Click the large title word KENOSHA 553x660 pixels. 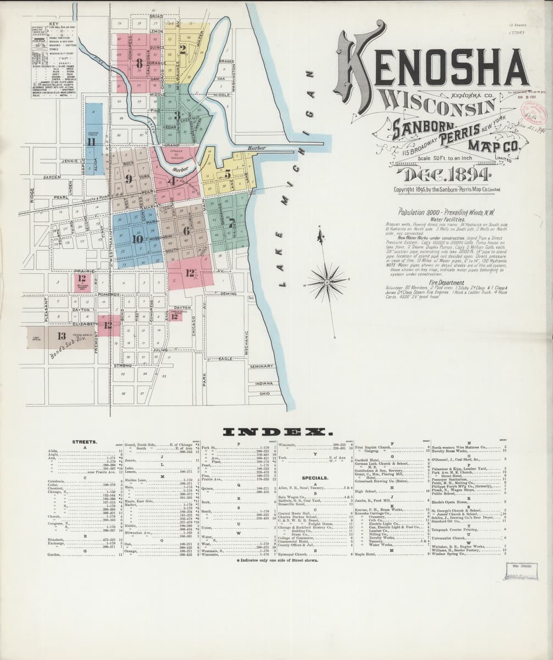[434, 66]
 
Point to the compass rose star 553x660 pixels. [327, 282]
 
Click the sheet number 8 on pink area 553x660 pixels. [140, 63]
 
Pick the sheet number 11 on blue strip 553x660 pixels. [91, 142]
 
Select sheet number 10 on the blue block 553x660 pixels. [137, 239]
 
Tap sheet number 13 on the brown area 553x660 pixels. [61, 336]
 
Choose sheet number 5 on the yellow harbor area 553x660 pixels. [227, 174]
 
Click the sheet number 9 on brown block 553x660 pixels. [129, 179]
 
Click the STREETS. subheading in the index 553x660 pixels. [85, 442]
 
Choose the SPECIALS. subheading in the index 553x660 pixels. [314, 478]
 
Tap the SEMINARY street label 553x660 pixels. [261, 367]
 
